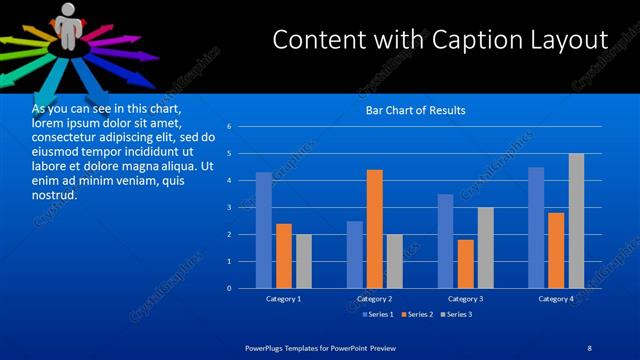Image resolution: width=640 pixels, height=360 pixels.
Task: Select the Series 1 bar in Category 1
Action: click(x=263, y=230)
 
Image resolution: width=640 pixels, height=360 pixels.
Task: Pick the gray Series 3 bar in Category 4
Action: click(x=576, y=221)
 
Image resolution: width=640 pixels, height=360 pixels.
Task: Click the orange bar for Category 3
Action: click(x=466, y=264)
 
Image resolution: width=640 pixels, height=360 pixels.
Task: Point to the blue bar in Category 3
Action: click(x=446, y=241)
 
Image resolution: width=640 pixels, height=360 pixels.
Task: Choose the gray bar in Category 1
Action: click(x=303, y=261)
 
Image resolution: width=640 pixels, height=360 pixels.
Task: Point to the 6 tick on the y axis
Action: click(x=230, y=127)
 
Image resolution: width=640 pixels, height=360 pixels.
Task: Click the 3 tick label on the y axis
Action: click(x=230, y=208)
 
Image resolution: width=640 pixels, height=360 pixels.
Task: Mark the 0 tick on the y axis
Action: click(x=230, y=289)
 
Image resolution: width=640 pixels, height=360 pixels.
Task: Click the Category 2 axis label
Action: click(x=375, y=299)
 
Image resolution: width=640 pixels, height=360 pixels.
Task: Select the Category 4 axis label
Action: click(x=556, y=299)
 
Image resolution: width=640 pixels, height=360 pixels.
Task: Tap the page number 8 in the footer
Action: click(x=590, y=347)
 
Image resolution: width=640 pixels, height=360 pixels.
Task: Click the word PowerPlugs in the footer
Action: click(x=266, y=347)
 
